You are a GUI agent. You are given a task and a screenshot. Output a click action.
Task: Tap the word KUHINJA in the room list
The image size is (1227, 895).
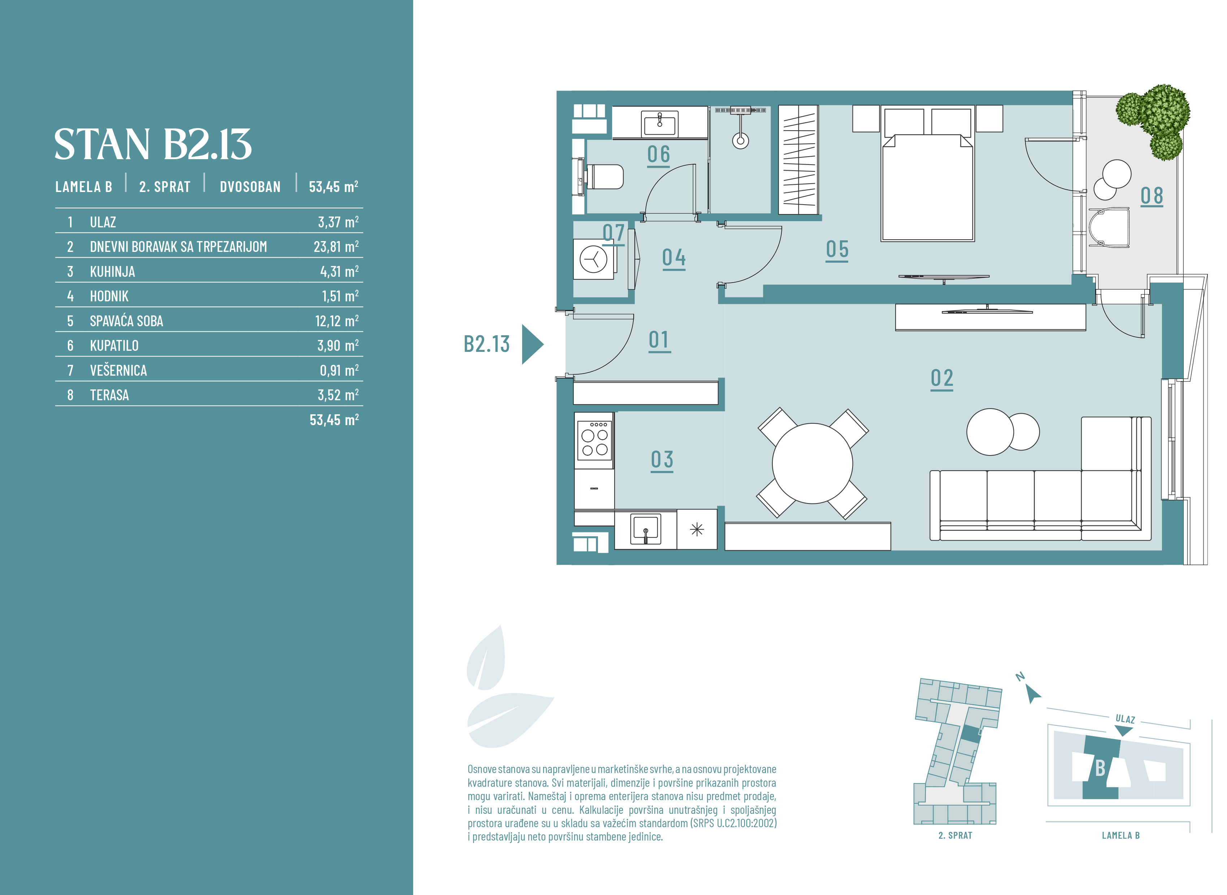coord(112,271)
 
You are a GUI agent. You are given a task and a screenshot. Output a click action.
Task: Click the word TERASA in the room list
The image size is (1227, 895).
coord(109,395)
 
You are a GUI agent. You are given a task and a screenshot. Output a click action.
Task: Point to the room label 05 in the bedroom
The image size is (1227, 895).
coord(837,250)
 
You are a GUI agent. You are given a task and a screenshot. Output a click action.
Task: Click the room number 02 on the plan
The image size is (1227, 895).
coord(942,378)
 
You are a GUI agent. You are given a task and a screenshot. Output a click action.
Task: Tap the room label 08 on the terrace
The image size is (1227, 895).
coord(1152,196)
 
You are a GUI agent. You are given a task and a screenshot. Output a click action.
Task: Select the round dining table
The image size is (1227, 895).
coord(812,463)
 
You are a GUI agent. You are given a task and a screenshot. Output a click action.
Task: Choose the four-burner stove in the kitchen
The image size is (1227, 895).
coord(594,440)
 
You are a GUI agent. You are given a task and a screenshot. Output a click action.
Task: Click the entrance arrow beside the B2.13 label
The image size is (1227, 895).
coord(532,344)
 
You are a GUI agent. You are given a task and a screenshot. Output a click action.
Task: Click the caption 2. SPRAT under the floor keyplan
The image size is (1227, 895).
coord(955,835)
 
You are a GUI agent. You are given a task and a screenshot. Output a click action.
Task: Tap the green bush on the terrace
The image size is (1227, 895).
coord(1154,120)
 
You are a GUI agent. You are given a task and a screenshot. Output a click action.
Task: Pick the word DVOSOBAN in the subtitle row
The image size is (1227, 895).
coord(250,187)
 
